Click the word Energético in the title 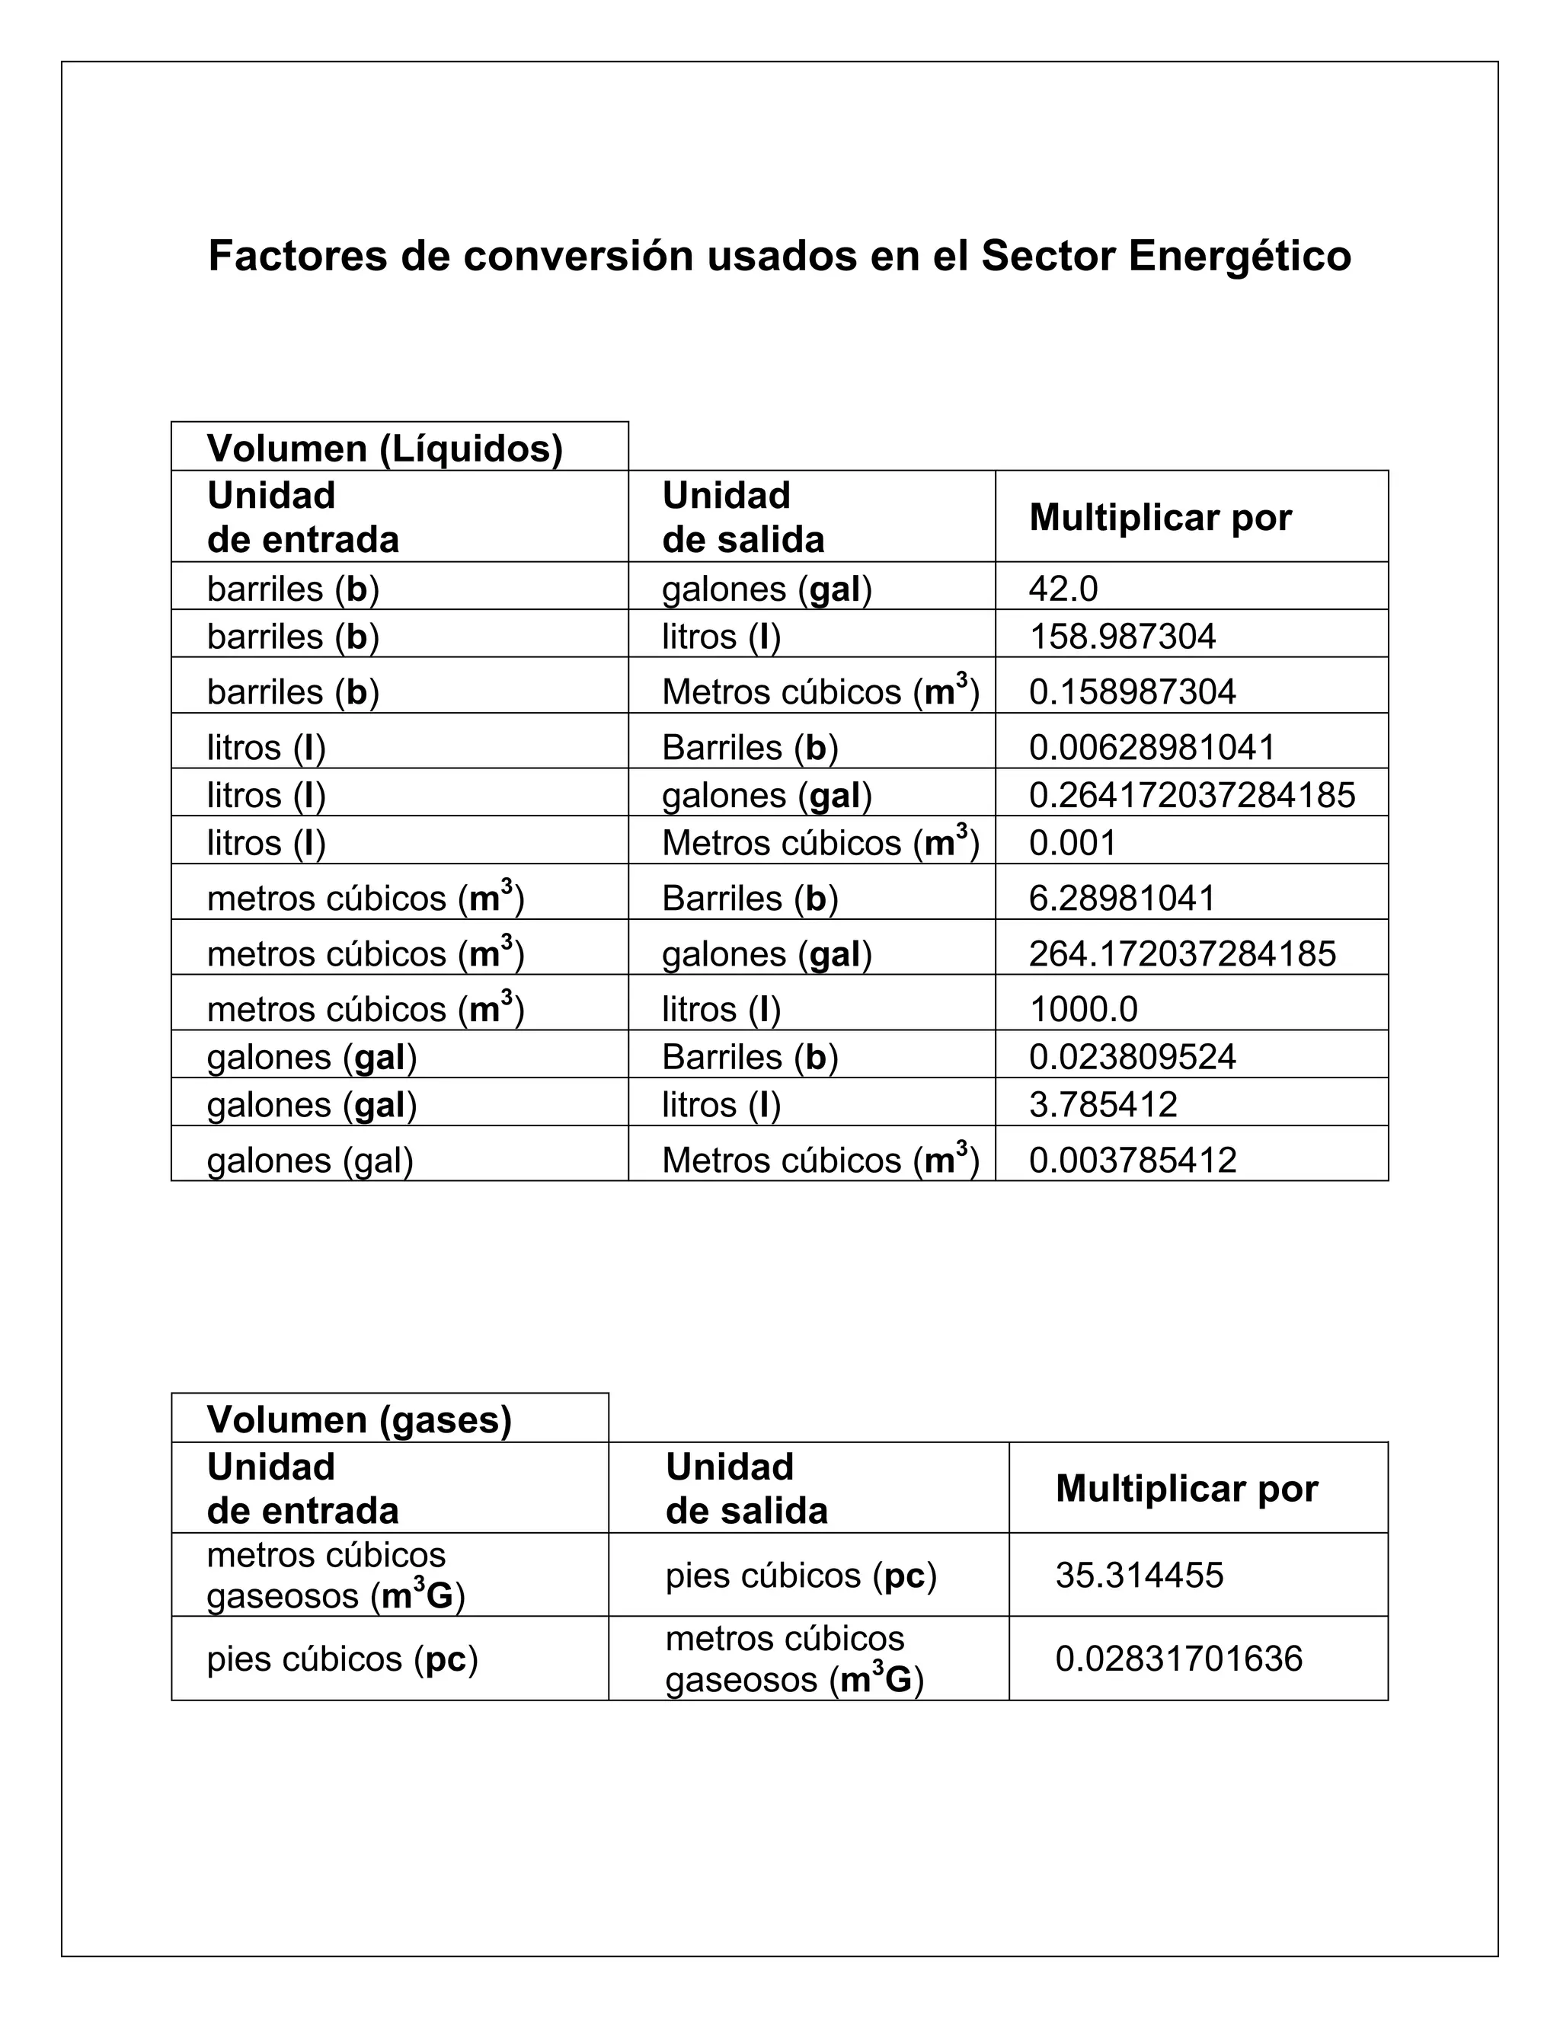pyautogui.click(x=1239, y=257)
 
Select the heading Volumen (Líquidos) pyautogui.click(x=385, y=449)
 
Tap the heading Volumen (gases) pyautogui.click(x=359, y=1420)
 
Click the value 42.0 pyautogui.click(x=1063, y=589)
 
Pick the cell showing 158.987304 pyautogui.click(x=1122, y=637)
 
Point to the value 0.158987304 pyautogui.click(x=1132, y=692)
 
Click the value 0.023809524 pyautogui.click(x=1132, y=1057)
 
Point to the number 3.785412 pyautogui.click(x=1102, y=1105)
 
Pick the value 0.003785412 pyautogui.click(x=1132, y=1161)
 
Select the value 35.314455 pyautogui.click(x=1139, y=1576)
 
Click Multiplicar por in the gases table pyautogui.click(x=1187, y=1489)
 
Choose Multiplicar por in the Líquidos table pyautogui.click(x=1160, y=517)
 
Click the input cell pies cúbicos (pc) pyautogui.click(x=342, y=1659)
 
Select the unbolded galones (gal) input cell pyautogui.click(x=309, y=1161)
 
